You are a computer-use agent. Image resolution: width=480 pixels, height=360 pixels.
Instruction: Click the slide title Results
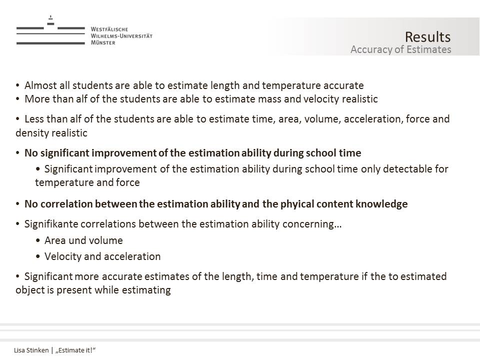click(x=427, y=37)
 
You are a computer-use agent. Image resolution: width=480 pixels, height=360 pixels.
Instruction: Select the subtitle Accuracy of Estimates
click(x=400, y=49)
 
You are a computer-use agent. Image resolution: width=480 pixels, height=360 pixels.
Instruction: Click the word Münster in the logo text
click(x=103, y=43)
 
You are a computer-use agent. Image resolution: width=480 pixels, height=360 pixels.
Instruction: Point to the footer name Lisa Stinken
click(x=31, y=350)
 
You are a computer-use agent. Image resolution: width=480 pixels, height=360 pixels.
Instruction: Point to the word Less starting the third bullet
click(x=35, y=119)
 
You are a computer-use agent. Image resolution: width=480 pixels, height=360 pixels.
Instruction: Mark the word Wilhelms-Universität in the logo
click(x=121, y=36)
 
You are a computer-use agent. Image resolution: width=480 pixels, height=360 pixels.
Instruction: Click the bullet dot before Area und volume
click(x=38, y=240)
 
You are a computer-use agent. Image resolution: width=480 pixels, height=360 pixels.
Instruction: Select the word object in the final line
click(x=30, y=290)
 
